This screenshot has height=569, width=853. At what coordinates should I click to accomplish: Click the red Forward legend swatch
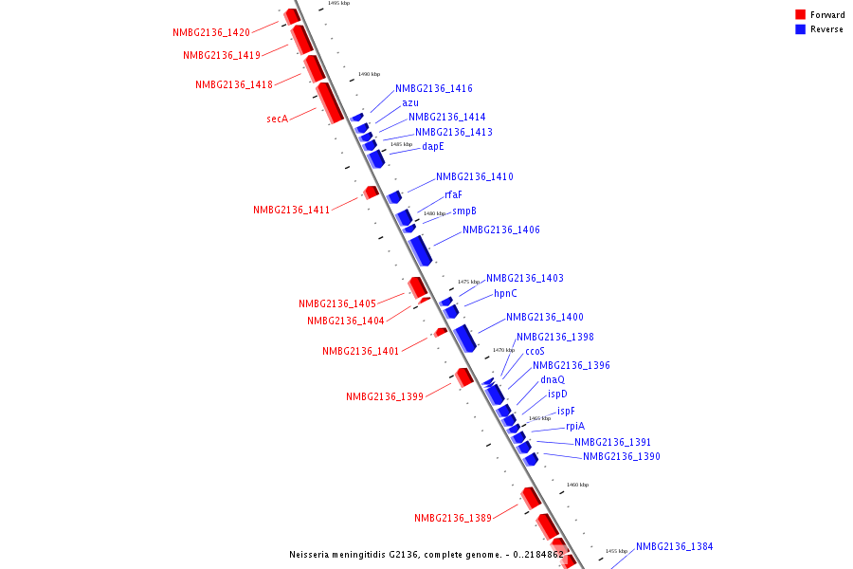coord(801,15)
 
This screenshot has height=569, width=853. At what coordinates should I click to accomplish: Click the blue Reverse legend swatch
coord(801,29)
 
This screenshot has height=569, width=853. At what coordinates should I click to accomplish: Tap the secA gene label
coord(277,119)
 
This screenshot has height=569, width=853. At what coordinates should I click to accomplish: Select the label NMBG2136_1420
coord(211,32)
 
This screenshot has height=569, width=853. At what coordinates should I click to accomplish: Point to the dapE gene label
coord(433,147)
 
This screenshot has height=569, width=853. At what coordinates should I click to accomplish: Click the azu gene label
coord(410,102)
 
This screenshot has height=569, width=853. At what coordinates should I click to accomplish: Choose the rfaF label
coord(454,195)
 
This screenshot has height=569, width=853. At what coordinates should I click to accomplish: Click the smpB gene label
coord(464,211)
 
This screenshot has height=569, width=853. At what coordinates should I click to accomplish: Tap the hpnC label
coord(505,294)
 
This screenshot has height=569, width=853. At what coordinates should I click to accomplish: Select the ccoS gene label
coord(535,351)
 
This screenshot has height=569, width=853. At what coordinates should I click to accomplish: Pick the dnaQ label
coord(553,379)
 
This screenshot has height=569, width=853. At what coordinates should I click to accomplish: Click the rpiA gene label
coord(575,427)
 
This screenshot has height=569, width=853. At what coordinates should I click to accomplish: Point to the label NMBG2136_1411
coord(291,211)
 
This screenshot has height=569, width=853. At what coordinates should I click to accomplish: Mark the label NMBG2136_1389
coord(453,518)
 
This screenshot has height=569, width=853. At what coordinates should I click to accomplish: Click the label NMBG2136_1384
coord(675,547)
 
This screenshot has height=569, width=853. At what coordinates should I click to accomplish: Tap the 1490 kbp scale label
coord(369,74)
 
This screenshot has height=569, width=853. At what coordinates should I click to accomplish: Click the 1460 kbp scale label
coord(577,485)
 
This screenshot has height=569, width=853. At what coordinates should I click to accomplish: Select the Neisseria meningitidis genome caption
coord(426,555)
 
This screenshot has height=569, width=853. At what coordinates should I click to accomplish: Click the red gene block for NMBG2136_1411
coord(371,193)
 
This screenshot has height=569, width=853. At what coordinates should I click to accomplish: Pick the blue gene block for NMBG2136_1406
coord(421,249)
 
